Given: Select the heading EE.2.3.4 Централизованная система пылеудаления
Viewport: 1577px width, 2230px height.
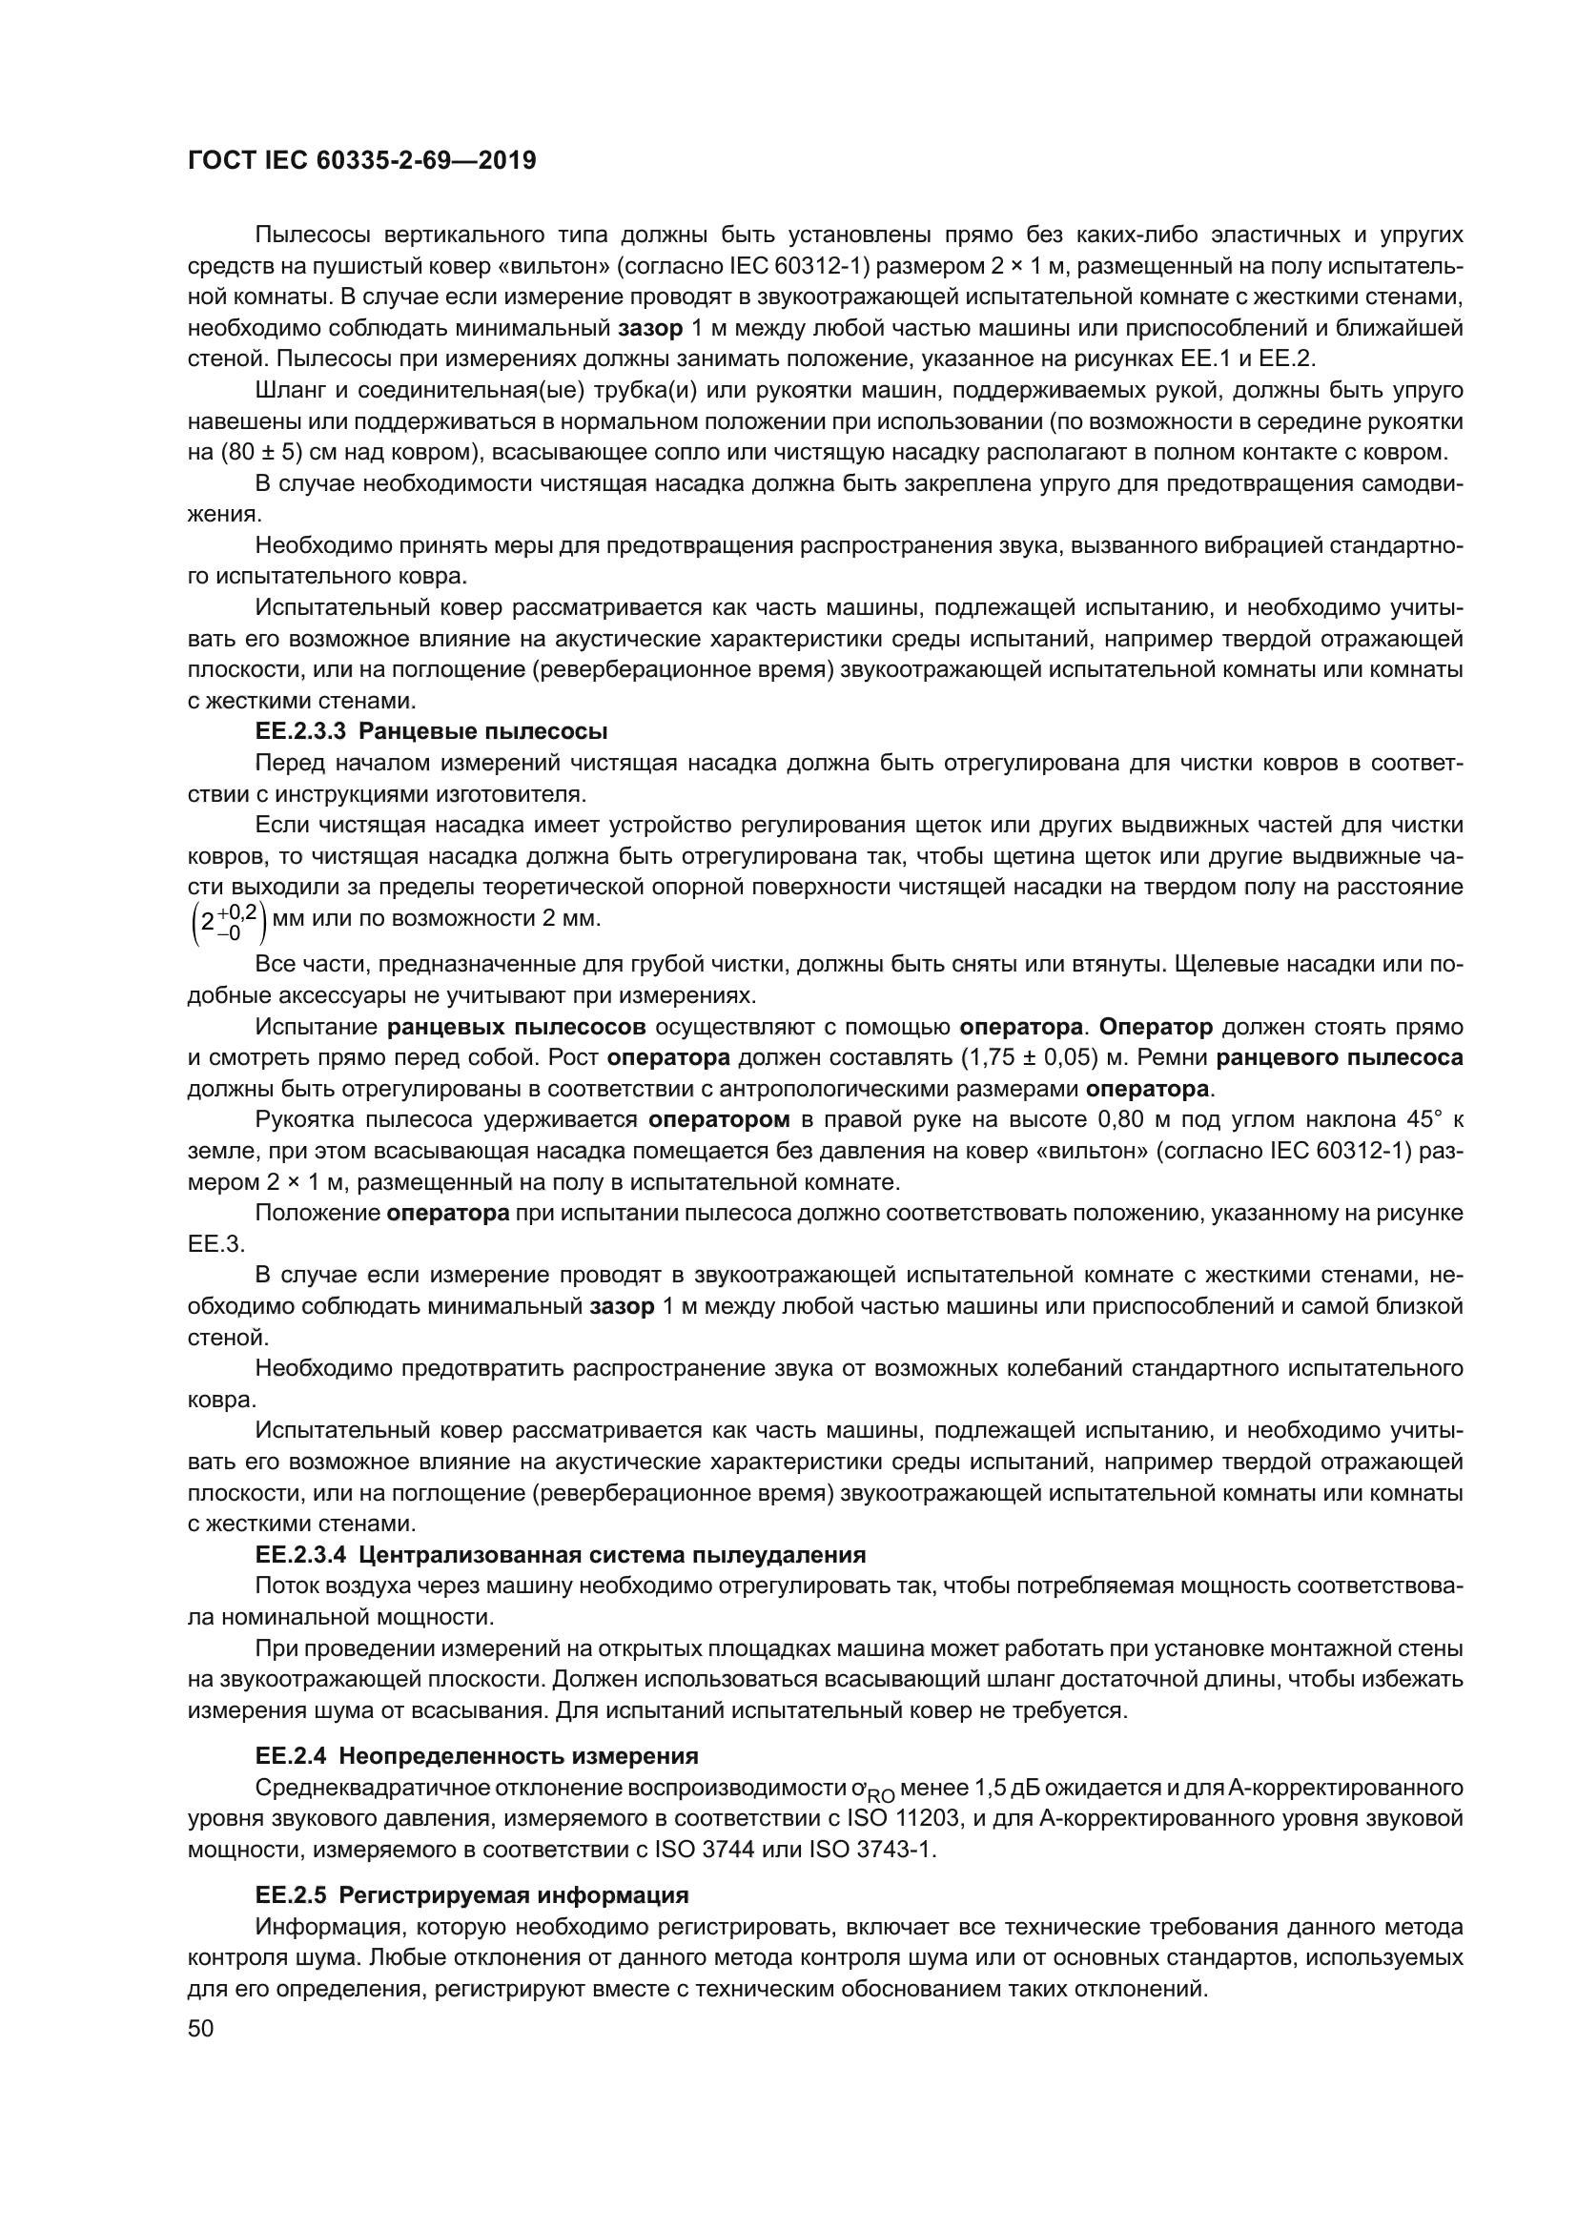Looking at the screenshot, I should coord(561,1555).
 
